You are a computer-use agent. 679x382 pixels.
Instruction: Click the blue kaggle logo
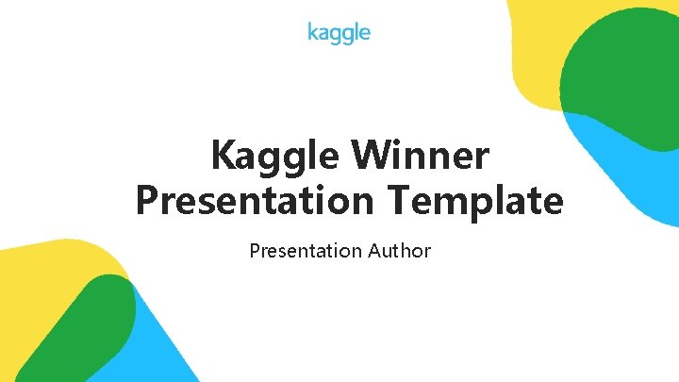tap(339, 33)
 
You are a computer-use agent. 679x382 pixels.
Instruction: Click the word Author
tap(400, 251)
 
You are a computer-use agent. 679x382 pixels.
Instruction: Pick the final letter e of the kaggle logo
tap(365, 34)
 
